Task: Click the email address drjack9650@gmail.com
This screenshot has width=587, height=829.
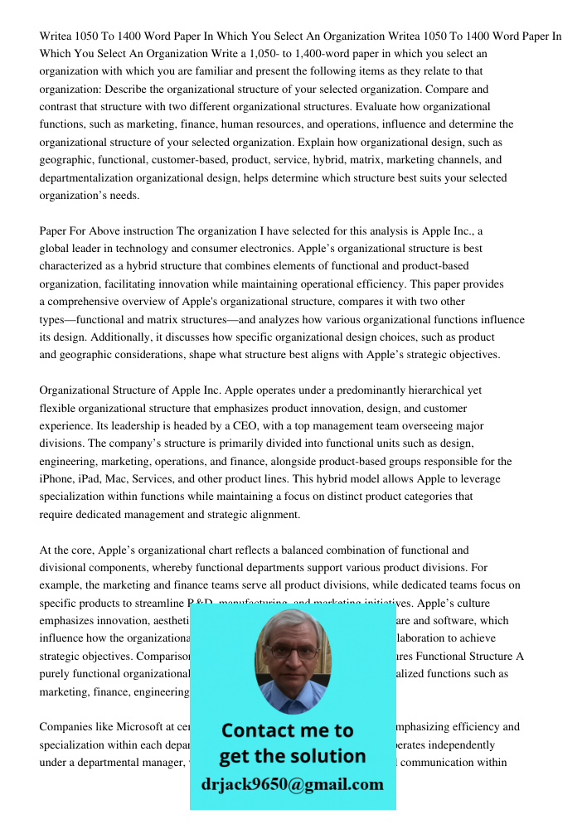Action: coord(292,784)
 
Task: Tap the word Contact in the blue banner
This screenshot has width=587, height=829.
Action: coord(257,730)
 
